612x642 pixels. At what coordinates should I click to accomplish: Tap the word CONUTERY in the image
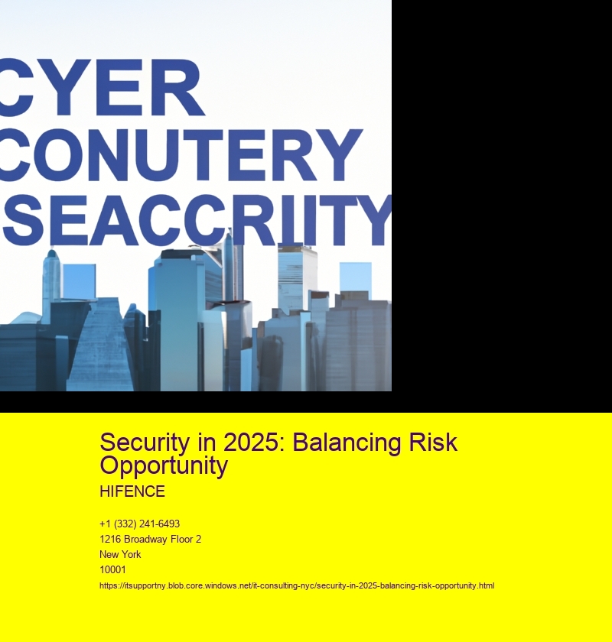[181, 154]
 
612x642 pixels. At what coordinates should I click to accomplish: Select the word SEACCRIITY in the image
[197, 219]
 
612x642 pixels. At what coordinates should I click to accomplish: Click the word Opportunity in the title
[164, 466]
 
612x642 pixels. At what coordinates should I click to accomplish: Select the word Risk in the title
[433, 443]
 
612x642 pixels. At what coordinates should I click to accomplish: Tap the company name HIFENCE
[132, 491]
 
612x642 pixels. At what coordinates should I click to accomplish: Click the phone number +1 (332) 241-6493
[139, 524]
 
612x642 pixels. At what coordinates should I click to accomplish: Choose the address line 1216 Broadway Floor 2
[150, 540]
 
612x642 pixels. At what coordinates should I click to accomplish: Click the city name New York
[120, 554]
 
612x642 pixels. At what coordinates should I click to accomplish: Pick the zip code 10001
[112, 569]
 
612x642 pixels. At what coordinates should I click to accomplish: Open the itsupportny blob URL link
[297, 585]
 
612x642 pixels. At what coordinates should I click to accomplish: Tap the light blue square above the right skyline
[356, 277]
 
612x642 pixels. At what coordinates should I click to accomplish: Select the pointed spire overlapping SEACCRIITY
[228, 266]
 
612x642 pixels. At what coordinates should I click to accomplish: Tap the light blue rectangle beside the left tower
[79, 281]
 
